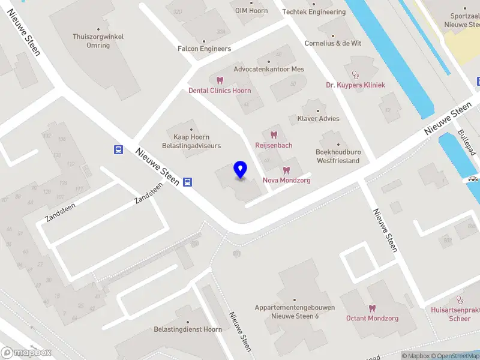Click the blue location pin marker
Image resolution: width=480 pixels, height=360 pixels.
pyautogui.click(x=241, y=170)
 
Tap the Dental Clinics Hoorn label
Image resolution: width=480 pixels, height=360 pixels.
pyautogui.click(x=220, y=91)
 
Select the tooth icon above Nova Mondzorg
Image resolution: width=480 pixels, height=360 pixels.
pyautogui.click(x=286, y=170)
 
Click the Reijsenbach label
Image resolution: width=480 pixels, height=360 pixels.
pyautogui.click(x=274, y=145)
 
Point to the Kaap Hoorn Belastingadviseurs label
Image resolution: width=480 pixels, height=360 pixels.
pyautogui.click(x=191, y=141)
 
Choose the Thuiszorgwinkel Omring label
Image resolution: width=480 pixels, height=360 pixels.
pyautogui.click(x=98, y=41)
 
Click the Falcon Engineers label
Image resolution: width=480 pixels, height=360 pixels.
pyautogui.click(x=204, y=49)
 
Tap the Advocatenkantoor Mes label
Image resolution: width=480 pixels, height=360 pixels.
pyautogui.click(x=268, y=69)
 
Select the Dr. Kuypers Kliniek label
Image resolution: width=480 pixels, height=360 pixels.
pyautogui.click(x=355, y=85)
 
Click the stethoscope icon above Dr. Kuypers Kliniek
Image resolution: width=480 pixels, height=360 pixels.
pyautogui.click(x=355, y=75)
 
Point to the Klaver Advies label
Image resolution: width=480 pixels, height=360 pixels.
pyautogui.click(x=318, y=118)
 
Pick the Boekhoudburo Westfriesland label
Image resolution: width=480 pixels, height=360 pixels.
pyautogui.click(x=337, y=156)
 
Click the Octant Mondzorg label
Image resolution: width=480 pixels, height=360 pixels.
pyautogui.click(x=372, y=318)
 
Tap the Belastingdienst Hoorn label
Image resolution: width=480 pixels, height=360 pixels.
pyautogui.click(x=188, y=329)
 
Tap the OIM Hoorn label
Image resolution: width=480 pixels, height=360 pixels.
pyautogui.click(x=251, y=11)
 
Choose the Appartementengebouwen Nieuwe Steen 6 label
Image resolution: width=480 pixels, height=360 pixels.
pyautogui.click(x=295, y=311)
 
